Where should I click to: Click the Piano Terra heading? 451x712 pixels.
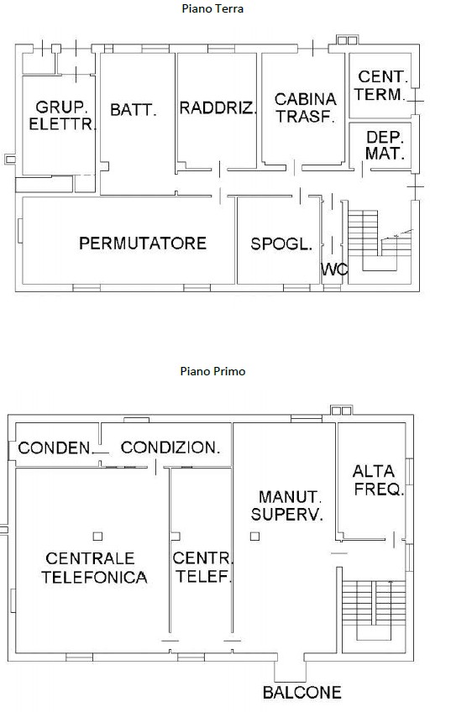click(x=212, y=8)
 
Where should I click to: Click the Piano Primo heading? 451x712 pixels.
click(x=212, y=371)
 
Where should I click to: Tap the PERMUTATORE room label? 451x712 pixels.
click(x=143, y=243)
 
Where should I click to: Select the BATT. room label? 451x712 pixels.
click(x=134, y=110)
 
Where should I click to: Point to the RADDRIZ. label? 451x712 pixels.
click(x=218, y=108)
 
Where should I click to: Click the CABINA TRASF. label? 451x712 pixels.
click(x=305, y=108)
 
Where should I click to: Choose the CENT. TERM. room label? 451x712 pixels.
click(x=380, y=86)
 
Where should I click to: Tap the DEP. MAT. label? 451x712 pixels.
click(x=385, y=145)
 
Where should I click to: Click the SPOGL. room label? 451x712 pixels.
click(x=281, y=244)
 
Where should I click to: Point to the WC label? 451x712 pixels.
click(x=335, y=270)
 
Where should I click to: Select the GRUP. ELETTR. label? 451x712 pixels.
click(x=63, y=115)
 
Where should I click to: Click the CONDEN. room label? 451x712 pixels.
click(x=55, y=448)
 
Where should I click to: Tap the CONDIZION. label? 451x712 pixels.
click(x=170, y=448)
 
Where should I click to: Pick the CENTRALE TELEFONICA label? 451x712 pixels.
click(x=94, y=568)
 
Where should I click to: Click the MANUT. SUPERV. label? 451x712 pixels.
click(x=287, y=505)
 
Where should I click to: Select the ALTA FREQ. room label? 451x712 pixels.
click(x=378, y=480)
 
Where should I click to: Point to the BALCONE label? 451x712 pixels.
click(x=302, y=693)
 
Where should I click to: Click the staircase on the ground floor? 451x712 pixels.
click(x=379, y=240)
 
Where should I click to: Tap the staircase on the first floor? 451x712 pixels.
click(x=374, y=610)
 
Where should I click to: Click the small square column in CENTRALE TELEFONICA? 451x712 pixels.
click(x=97, y=537)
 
